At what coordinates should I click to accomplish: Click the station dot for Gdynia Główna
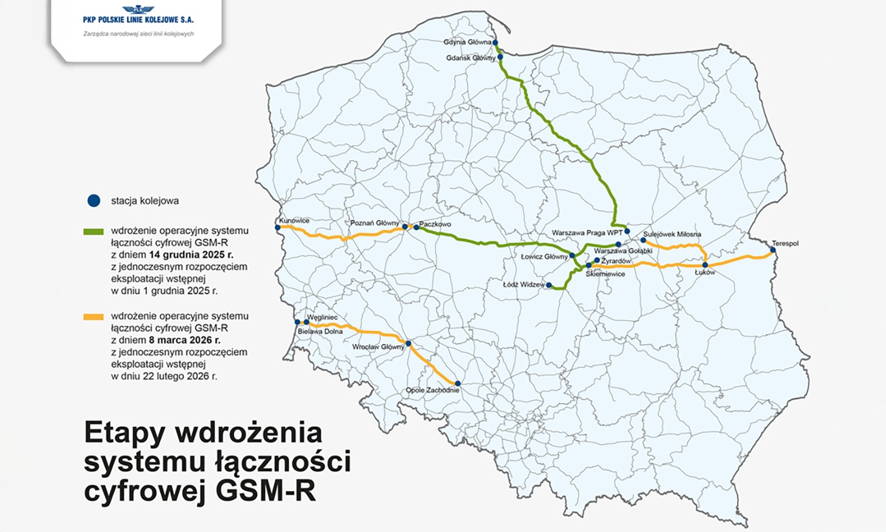point(495,43)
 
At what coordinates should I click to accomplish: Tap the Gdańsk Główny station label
point(471,58)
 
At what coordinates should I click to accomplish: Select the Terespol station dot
point(773,250)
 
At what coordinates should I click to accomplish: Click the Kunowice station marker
point(278,228)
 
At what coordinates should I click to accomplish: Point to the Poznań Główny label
point(374,223)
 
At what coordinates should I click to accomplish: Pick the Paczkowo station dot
point(416,227)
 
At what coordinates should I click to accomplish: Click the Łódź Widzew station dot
point(549,286)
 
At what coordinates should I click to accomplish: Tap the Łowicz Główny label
point(544,257)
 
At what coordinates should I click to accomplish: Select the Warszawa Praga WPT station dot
point(627,231)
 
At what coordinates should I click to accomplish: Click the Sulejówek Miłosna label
point(672,234)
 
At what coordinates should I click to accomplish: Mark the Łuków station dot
point(705,265)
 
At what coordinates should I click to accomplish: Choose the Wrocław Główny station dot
point(408,343)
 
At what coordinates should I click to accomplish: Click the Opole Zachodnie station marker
point(457,384)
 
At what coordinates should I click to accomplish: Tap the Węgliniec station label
point(323,317)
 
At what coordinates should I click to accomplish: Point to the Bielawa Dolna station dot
point(298,322)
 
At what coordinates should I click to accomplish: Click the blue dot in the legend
point(94,201)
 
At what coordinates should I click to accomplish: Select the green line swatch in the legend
point(93,232)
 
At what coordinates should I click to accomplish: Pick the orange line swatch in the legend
point(93,317)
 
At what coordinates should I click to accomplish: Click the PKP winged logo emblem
point(138,9)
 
